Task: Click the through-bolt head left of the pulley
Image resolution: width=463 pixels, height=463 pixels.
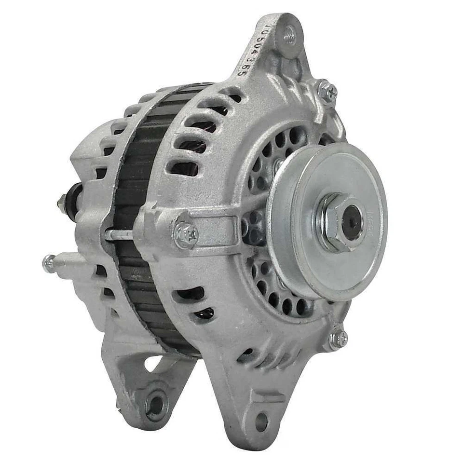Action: pos(186,234)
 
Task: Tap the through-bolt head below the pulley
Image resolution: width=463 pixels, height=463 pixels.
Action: pos(339,339)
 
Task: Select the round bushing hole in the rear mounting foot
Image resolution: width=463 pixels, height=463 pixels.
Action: pos(155,405)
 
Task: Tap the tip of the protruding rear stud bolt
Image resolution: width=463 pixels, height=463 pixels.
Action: pos(48,264)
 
